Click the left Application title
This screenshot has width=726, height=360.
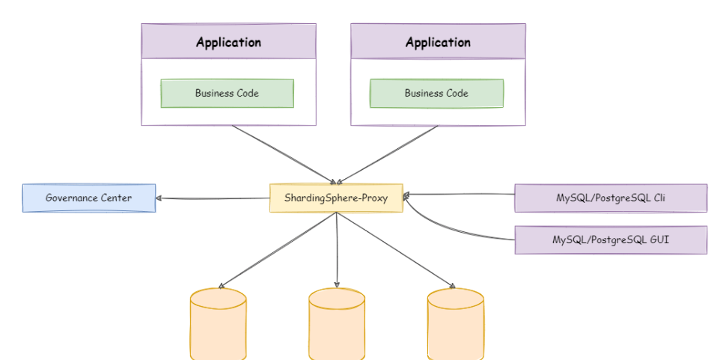click(x=228, y=42)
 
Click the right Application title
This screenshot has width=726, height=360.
click(x=438, y=42)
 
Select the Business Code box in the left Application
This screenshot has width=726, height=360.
click(x=227, y=94)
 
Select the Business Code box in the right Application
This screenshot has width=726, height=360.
click(x=436, y=94)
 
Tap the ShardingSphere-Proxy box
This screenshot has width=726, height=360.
click(x=335, y=198)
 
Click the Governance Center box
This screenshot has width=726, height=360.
click(x=88, y=198)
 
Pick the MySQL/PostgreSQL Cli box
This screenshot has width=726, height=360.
click(x=611, y=198)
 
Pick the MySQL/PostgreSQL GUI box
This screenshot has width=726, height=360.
click(x=611, y=240)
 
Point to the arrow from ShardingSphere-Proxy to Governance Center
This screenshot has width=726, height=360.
click(x=213, y=198)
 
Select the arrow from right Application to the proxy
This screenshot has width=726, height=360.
click(x=389, y=153)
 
